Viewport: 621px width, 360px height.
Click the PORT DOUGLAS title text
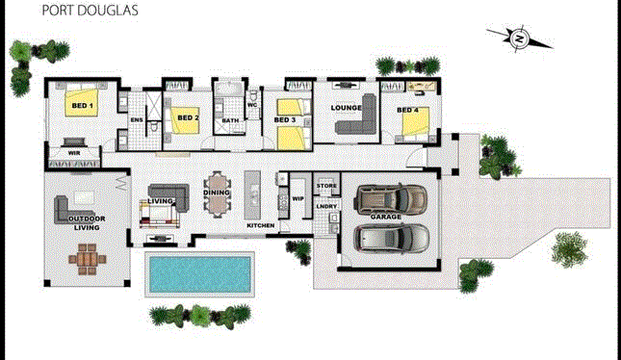76,13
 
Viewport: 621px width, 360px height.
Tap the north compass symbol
519,39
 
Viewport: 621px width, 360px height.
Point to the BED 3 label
284,120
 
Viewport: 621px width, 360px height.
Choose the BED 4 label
409,111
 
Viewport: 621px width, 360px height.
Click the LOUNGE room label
345,109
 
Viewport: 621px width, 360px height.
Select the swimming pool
200,274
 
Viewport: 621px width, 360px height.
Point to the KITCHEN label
261,225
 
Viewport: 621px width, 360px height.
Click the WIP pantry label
298,198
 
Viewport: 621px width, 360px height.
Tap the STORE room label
326,185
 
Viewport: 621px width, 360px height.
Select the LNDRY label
326,206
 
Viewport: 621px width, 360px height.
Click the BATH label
230,120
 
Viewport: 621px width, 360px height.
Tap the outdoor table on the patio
89,259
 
